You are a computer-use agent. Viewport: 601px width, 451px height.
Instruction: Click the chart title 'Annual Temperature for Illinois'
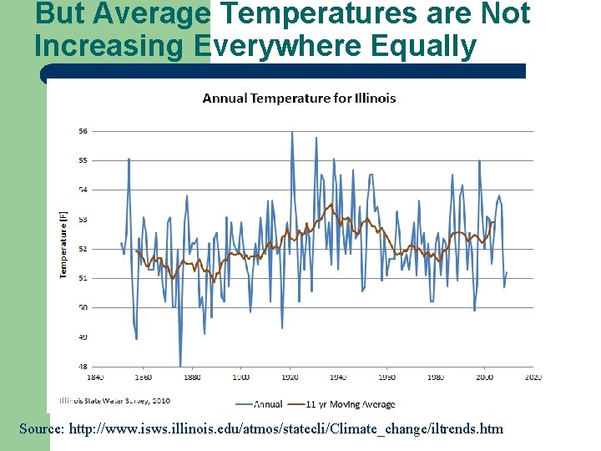(x=299, y=98)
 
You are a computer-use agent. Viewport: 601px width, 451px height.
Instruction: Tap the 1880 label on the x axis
(x=191, y=378)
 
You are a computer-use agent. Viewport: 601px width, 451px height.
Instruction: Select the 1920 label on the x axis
(x=290, y=378)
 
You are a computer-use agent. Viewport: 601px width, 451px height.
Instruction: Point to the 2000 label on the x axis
(x=485, y=378)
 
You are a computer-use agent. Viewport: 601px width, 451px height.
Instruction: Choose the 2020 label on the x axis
(x=534, y=378)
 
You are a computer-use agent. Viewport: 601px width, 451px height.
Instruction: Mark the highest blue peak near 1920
(x=291, y=132)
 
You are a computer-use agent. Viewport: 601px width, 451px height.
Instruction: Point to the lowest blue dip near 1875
(x=180, y=366)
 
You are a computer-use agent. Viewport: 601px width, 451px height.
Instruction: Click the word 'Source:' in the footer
(x=42, y=428)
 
